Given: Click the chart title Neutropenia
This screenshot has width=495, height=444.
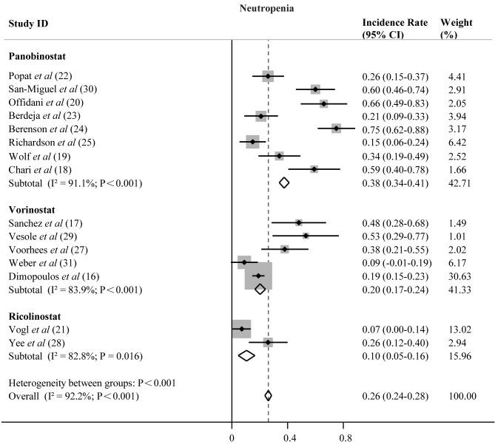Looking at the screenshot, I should tap(268, 8).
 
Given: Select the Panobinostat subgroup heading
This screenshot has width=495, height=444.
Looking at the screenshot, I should tap(37, 55).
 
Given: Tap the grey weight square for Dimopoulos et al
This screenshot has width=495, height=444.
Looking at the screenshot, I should tap(259, 276).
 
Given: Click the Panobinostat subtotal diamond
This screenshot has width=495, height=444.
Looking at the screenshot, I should tap(283, 182).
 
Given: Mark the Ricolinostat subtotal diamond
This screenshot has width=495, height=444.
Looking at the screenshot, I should tap(246, 355).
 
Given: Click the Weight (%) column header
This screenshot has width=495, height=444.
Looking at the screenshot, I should tap(456, 28).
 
